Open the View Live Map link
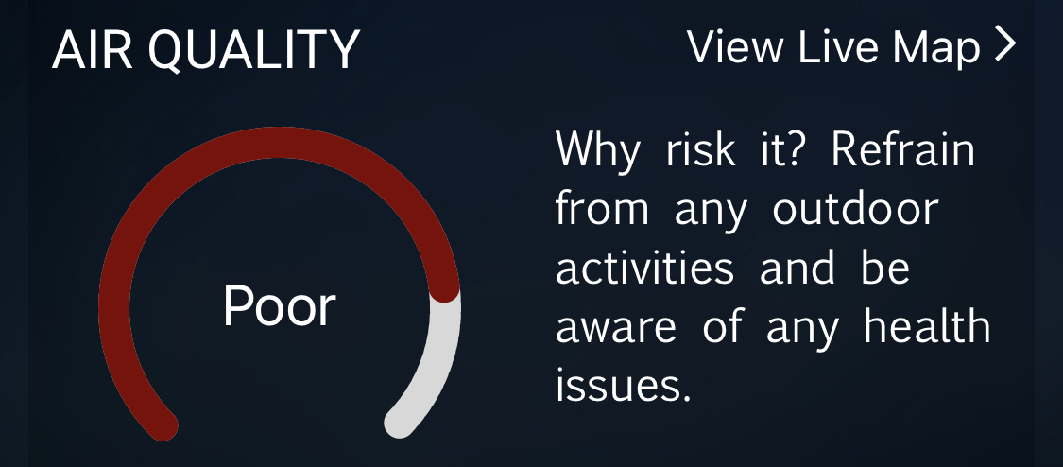tap(851, 47)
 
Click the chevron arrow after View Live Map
tap(1005, 44)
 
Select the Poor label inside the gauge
tap(280, 307)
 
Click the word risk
tap(699, 149)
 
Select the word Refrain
tap(903, 149)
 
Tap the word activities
tap(644, 267)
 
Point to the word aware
tap(615, 329)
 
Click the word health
tap(928, 325)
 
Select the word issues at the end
tap(624, 385)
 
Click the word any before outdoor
tap(711, 214)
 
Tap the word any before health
tap(802, 331)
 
